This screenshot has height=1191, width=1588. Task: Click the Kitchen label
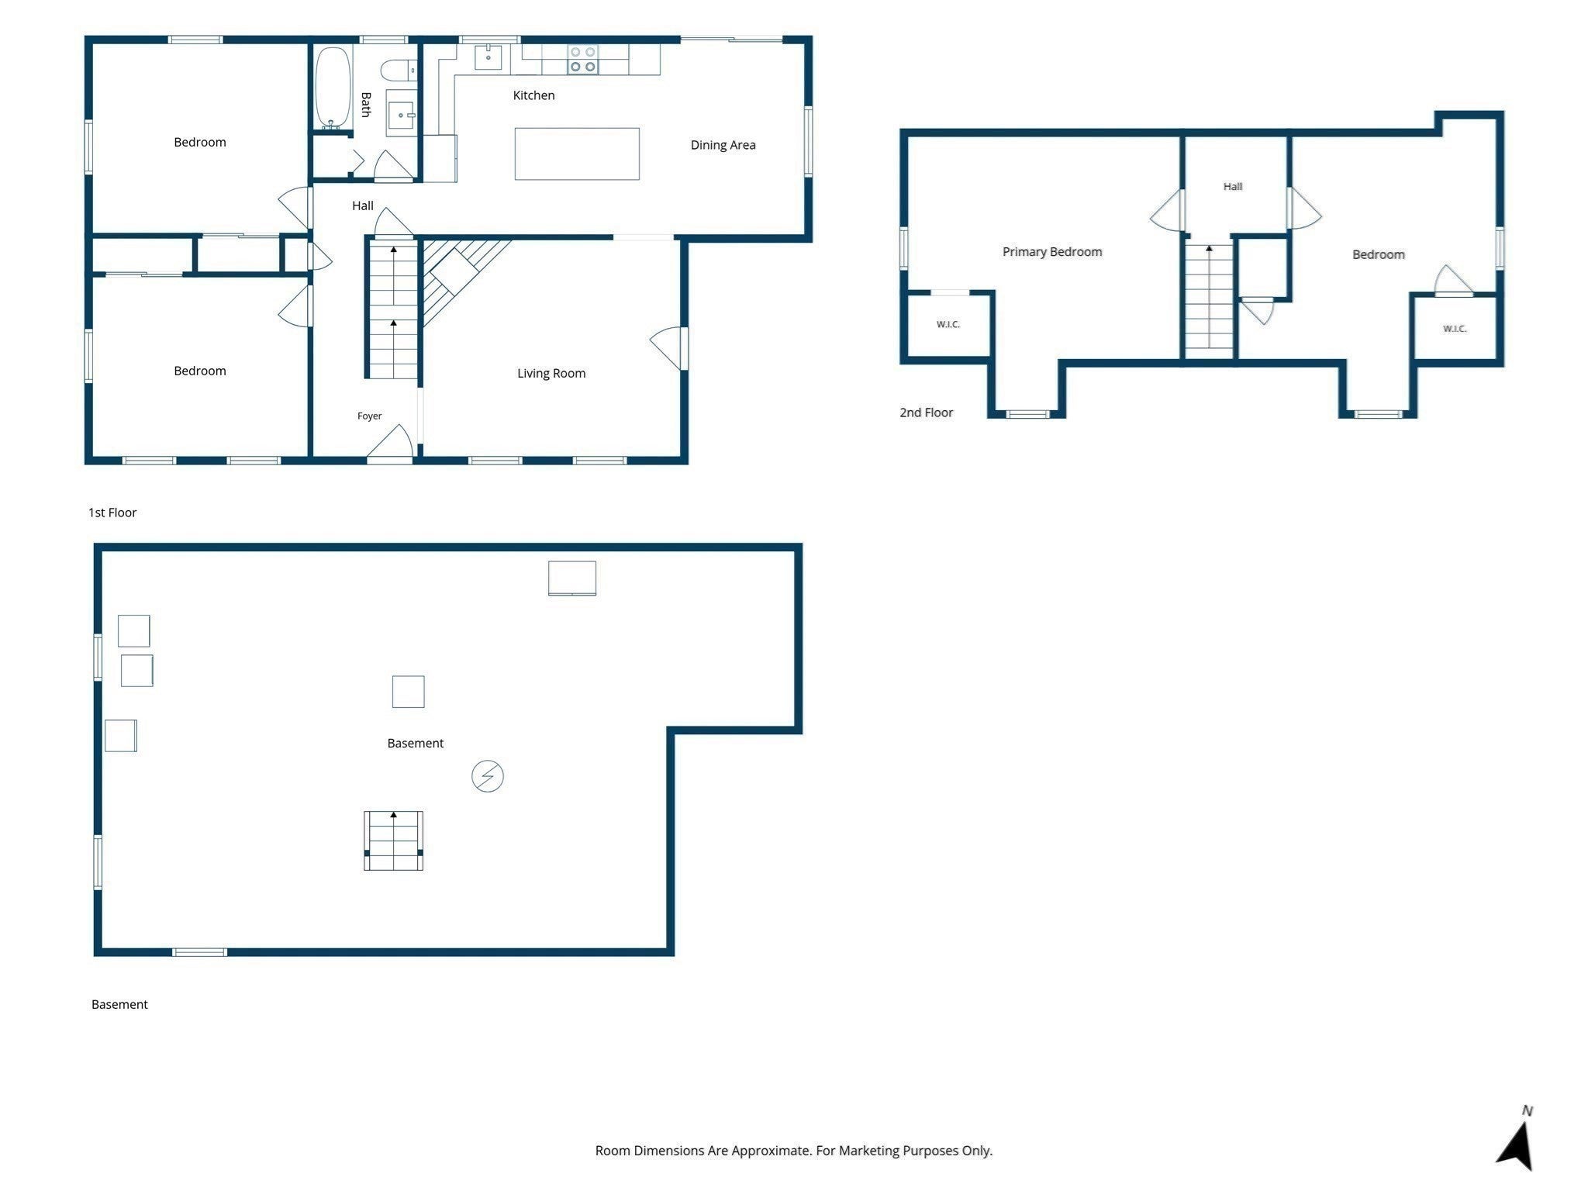coord(533,95)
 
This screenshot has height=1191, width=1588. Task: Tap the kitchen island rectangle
coord(577,154)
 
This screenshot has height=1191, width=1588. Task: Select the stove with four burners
coord(582,60)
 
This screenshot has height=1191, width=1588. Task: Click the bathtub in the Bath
coord(333,88)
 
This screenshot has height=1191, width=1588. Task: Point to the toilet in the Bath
coord(404,71)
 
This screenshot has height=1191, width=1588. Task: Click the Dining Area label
coord(723,145)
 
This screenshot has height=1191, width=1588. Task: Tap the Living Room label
coord(551,374)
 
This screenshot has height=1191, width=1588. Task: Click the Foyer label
coord(370,416)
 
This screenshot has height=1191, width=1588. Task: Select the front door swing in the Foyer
coord(389,443)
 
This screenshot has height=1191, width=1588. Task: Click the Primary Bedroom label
coord(1052,252)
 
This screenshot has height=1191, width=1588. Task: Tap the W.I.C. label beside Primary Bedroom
coord(948,325)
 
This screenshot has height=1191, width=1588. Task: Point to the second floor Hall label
coord(1233,187)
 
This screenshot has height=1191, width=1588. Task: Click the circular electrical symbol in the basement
coord(488,776)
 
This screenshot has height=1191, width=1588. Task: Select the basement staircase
coord(394,841)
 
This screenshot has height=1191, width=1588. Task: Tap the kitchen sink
coord(488,57)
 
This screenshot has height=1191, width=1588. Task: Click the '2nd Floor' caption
coord(927,413)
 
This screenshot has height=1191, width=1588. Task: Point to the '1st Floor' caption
coord(112,513)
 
